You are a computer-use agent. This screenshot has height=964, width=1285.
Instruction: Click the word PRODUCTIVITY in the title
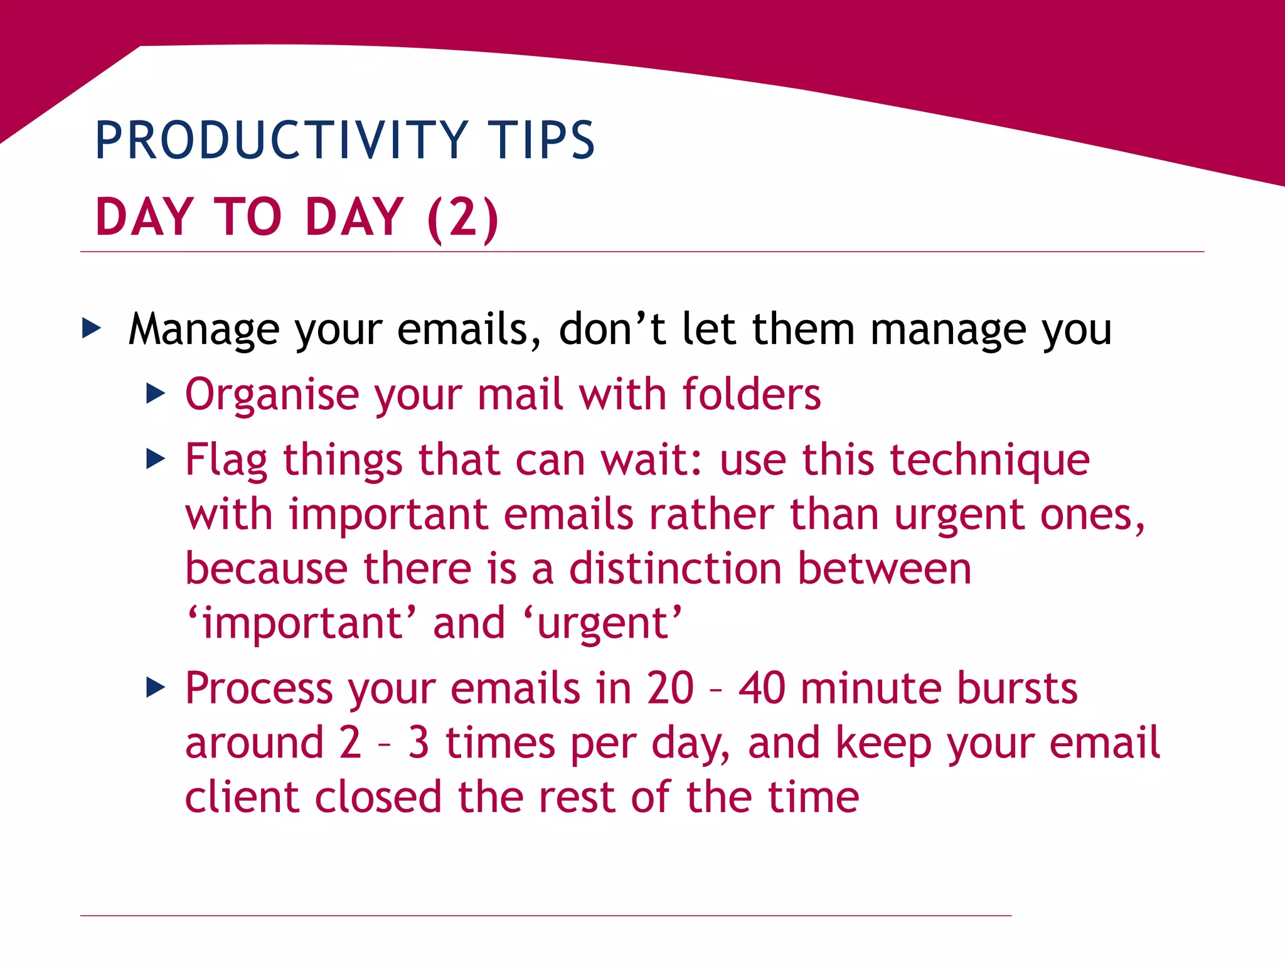(281, 140)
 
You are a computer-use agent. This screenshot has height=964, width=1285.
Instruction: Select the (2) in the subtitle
(463, 217)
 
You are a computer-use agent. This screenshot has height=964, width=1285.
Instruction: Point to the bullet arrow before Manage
(92, 328)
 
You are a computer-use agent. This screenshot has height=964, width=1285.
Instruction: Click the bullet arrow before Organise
(156, 394)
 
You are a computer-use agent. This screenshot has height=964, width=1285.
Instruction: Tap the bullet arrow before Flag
(156, 459)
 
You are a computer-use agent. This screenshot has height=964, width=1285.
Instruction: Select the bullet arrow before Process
(156, 687)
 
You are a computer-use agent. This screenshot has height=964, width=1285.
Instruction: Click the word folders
(751, 394)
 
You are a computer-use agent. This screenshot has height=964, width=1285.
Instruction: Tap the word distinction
(675, 568)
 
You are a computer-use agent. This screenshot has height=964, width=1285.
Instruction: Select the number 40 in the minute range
(761, 688)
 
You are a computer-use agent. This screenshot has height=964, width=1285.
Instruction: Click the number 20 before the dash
(670, 688)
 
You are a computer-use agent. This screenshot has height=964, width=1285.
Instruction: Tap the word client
(241, 797)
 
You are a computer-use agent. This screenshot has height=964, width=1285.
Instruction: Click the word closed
(378, 797)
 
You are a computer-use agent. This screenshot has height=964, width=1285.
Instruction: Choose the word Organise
(272, 395)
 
